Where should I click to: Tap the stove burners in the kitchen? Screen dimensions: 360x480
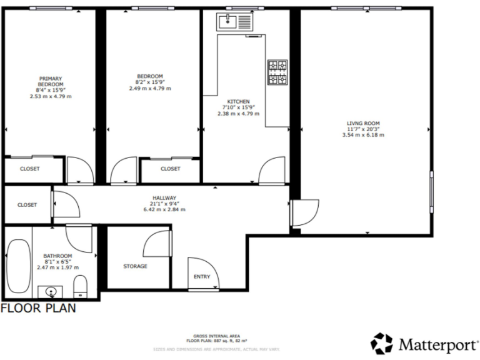tap(277, 72)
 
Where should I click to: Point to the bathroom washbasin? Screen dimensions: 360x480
tap(50, 291)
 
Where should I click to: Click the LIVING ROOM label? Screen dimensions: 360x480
tap(363, 123)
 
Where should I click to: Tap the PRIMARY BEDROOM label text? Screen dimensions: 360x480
tap(50, 81)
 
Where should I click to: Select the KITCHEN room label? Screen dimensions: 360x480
tap(238, 101)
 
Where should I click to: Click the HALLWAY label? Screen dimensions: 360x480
tap(164, 197)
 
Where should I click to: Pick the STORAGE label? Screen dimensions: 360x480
tap(135, 266)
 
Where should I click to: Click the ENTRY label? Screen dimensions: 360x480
tap(202, 277)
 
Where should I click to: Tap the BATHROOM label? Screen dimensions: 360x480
tap(57, 256)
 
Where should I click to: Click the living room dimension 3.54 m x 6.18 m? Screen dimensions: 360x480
tap(363, 135)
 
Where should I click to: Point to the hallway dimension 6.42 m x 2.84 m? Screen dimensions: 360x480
tap(164, 209)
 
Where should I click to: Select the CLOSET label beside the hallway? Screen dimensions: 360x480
tap(27, 204)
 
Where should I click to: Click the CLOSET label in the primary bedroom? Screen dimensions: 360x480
tap(29, 169)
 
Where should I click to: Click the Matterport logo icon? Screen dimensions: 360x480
tap(381, 343)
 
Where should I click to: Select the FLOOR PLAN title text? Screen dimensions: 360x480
tap(38, 308)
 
